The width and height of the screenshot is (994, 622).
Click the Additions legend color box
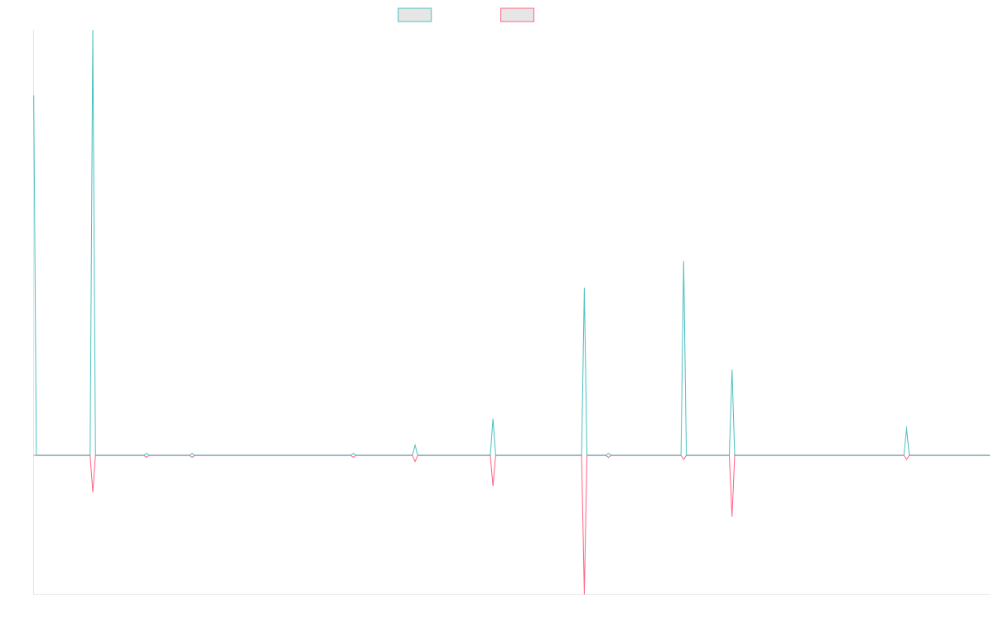(415, 15)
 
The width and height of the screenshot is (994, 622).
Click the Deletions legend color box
(518, 15)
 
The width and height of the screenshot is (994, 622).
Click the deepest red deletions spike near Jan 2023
(584, 590)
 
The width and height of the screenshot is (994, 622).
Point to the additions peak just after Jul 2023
(683, 262)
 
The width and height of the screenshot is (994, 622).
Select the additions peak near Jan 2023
(584, 288)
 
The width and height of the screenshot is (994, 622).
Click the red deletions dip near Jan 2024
(733, 517)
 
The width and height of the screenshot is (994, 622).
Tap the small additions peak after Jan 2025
(906, 426)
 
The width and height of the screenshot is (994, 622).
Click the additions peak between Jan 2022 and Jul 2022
(493, 419)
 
